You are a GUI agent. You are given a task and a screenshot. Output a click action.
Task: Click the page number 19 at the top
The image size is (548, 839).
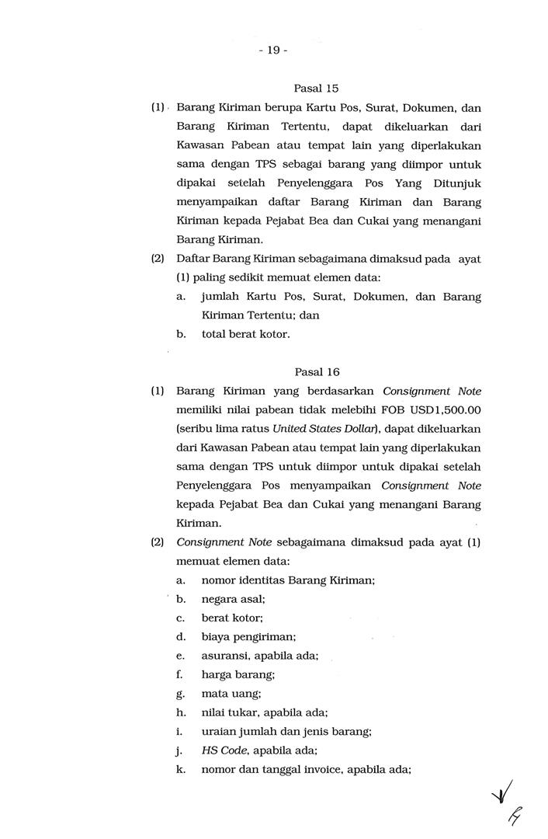273,50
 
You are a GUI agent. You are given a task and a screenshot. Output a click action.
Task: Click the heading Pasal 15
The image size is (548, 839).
316,89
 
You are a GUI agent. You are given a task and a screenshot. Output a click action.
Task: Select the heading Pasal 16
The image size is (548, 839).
316,372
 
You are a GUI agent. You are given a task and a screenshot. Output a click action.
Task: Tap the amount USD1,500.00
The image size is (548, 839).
445,410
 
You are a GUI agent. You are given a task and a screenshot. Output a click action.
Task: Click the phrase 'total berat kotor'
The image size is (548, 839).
245,334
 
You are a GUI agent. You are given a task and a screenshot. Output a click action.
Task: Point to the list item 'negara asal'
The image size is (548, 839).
233,599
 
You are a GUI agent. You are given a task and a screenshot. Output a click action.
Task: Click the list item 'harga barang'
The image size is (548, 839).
238,675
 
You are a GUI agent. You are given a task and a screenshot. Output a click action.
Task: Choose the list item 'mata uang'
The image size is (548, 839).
231,694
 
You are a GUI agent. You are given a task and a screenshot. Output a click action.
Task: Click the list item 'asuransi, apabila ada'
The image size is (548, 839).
259,656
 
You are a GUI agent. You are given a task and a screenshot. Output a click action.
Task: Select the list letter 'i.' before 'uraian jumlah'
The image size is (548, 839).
179,732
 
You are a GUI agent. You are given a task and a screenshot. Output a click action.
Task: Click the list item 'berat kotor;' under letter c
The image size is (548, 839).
232,618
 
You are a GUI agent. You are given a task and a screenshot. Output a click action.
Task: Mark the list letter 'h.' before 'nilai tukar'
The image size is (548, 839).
180,712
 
